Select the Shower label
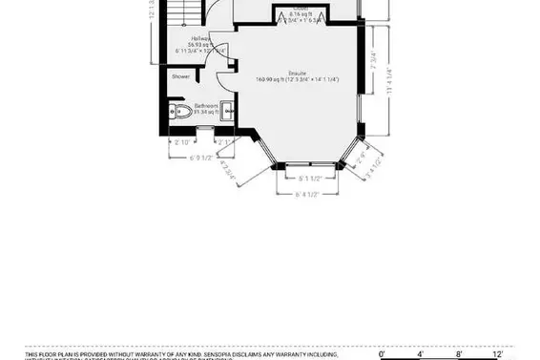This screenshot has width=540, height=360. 180,76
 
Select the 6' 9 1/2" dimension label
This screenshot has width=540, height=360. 204,158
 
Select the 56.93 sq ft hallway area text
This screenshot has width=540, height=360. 199,45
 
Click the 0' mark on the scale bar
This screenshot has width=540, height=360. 383,353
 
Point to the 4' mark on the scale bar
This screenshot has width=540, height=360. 421,353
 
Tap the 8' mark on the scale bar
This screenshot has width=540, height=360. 459,353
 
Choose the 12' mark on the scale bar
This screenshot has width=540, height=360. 498,353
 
